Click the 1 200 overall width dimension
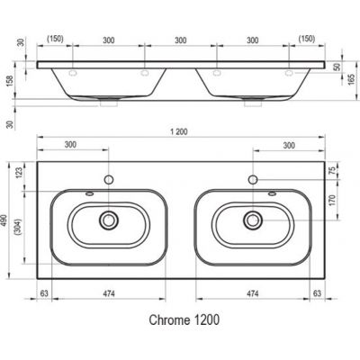178,132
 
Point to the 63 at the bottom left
44,292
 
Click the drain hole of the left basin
109,219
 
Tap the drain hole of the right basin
254,219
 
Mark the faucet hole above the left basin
109,180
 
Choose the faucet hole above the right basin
254,180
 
